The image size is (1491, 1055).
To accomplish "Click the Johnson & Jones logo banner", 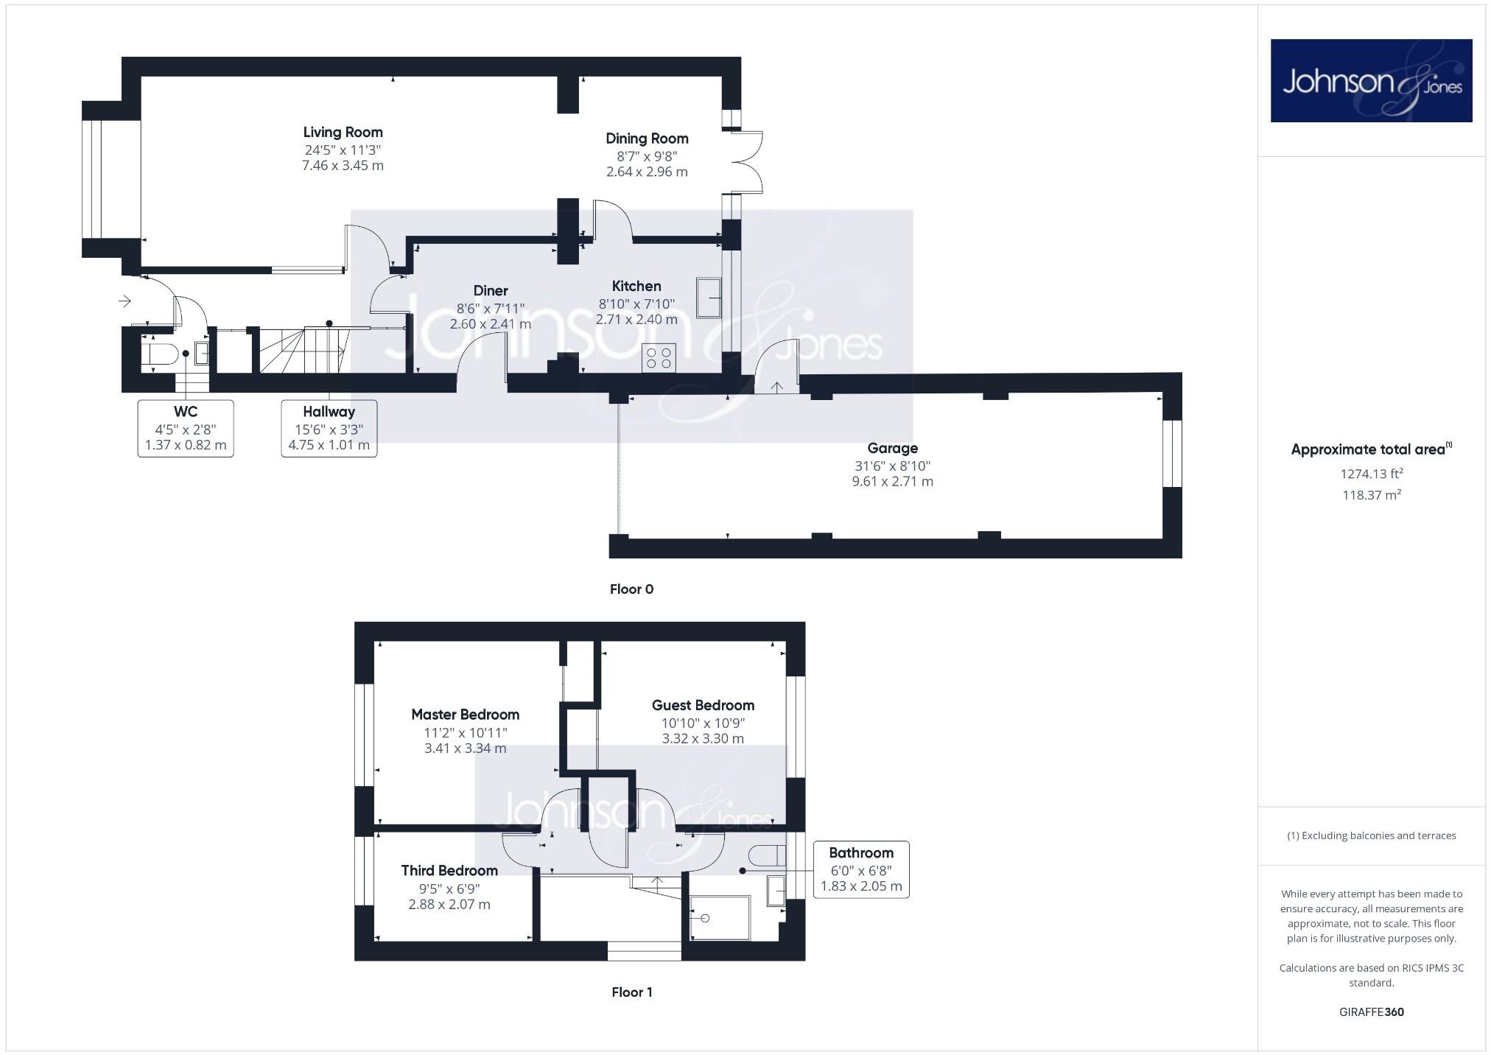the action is (1371, 80).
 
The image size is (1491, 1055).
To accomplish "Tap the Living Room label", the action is (343, 133).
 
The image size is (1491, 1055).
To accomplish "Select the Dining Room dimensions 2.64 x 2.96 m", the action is (647, 172).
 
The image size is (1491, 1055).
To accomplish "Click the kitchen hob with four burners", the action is (659, 358).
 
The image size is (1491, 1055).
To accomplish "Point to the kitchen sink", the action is (708, 298).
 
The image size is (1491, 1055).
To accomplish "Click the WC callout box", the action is (186, 428).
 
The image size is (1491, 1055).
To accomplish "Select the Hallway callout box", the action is (329, 428).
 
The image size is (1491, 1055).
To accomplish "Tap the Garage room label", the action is (892, 448).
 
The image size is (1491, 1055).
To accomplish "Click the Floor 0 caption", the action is (631, 589).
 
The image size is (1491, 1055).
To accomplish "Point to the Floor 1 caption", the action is (631, 992).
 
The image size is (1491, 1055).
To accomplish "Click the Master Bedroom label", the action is (465, 715).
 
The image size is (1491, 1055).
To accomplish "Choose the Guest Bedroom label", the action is (703, 705).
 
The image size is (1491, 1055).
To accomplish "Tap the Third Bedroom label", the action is (449, 871).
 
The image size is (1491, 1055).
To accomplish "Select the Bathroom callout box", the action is (860, 869).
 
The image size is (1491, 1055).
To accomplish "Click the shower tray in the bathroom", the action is (720, 917).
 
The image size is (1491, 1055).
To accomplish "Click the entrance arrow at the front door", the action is (124, 301).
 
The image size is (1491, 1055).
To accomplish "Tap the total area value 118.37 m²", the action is (1371, 495).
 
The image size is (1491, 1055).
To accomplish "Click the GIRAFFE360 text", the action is (1371, 1012).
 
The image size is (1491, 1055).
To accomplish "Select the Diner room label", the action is (491, 291).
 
